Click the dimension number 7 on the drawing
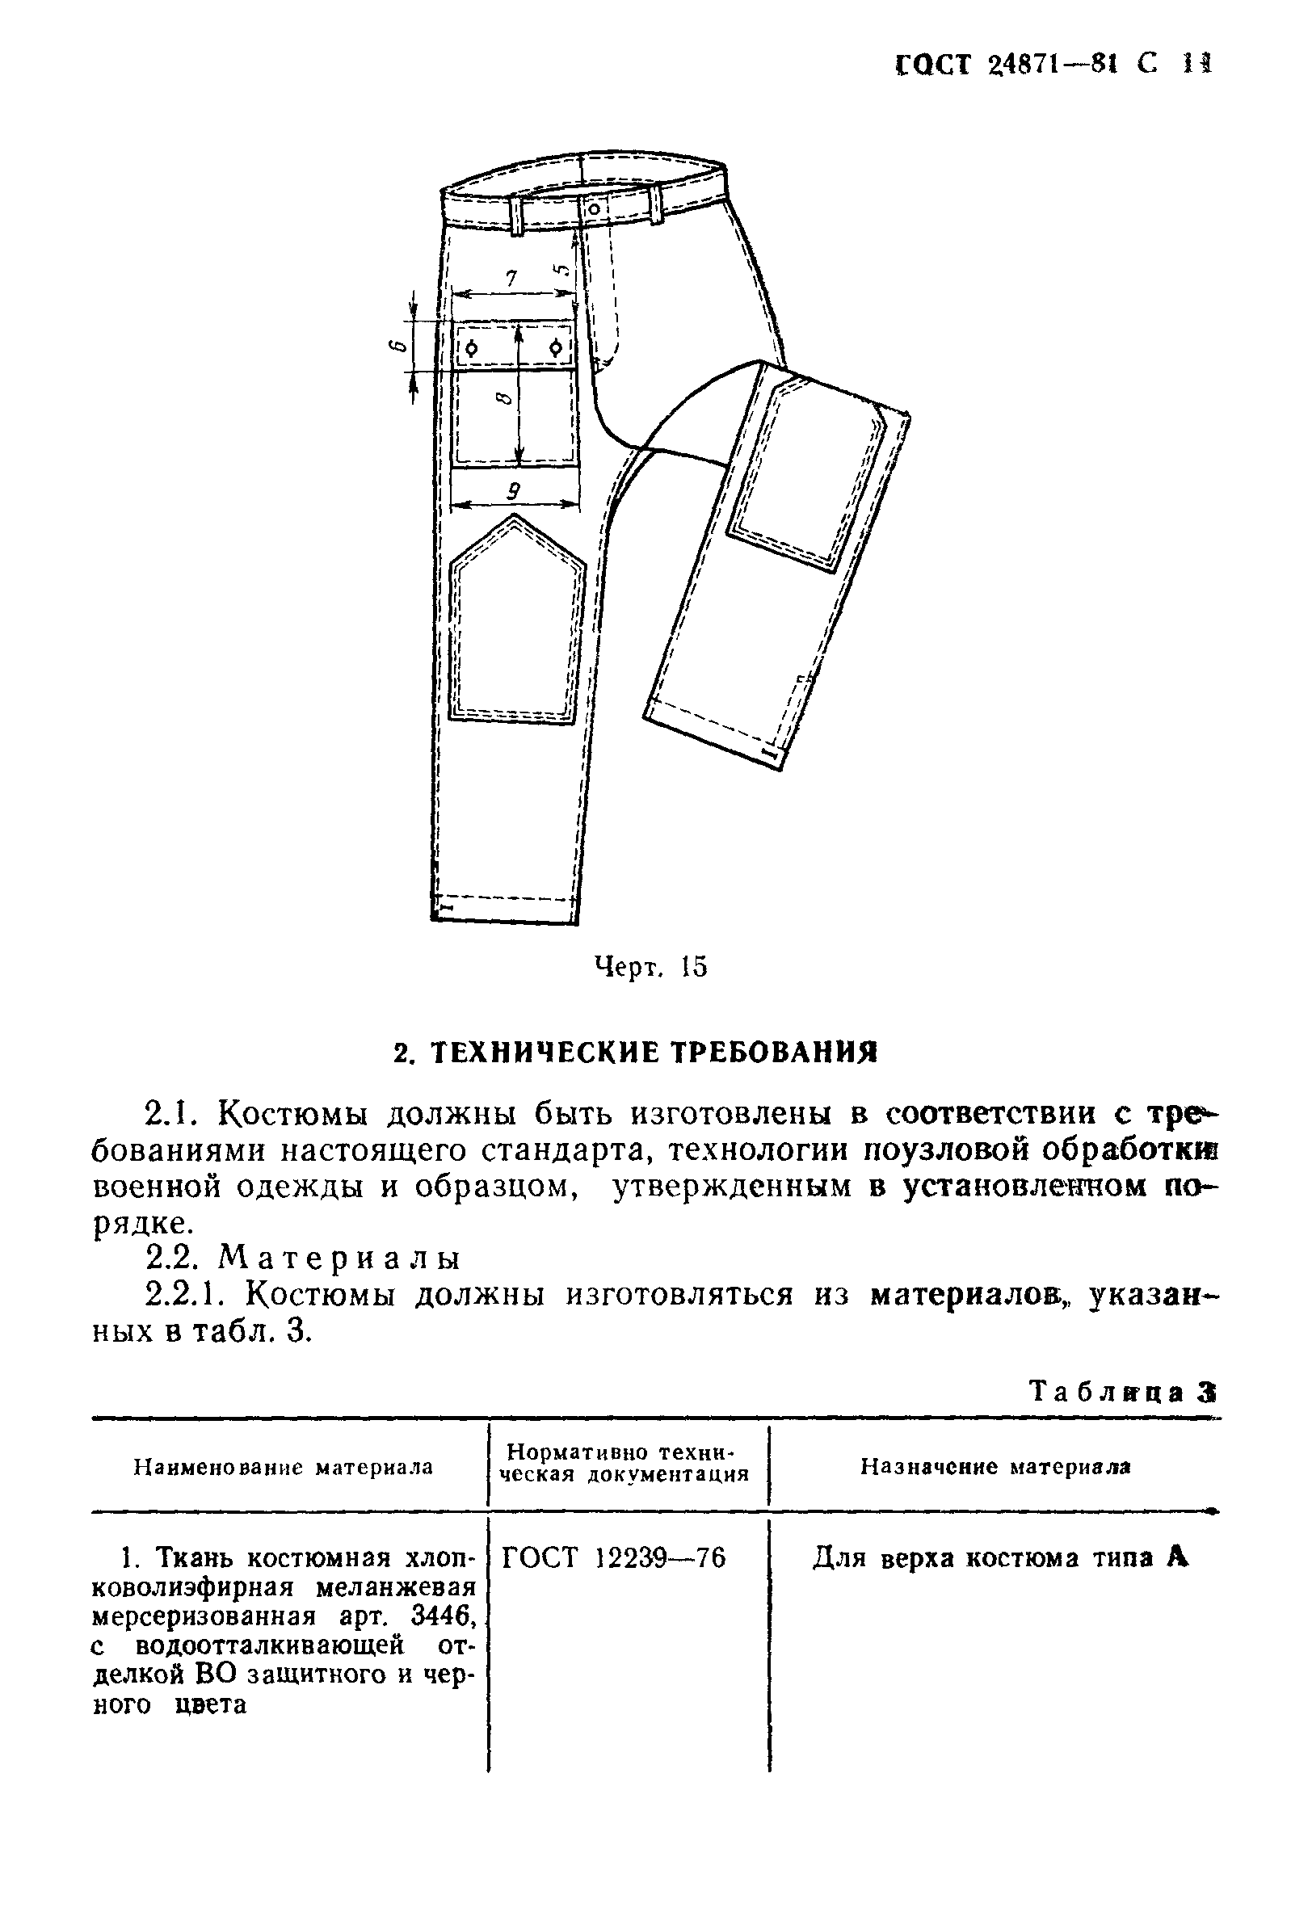pyautogui.click(x=511, y=279)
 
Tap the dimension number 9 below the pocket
pyautogui.click(x=513, y=491)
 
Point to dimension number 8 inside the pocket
pyautogui.click(x=504, y=399)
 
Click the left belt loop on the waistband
pyautogui.click(x=517, y=214)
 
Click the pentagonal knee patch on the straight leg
pyautogui.click(x=516, y=625)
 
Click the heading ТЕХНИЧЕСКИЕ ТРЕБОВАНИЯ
pyautogui.click(x=635, y=1053)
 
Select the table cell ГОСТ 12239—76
pyautogui.click(x=614, y=1557)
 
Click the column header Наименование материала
pyautogui.click(x=284, y=1467)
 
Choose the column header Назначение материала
pyautogui.click(x=995, y=1466)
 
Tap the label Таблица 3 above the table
pyautogui.click(x=1121, y=1391)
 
